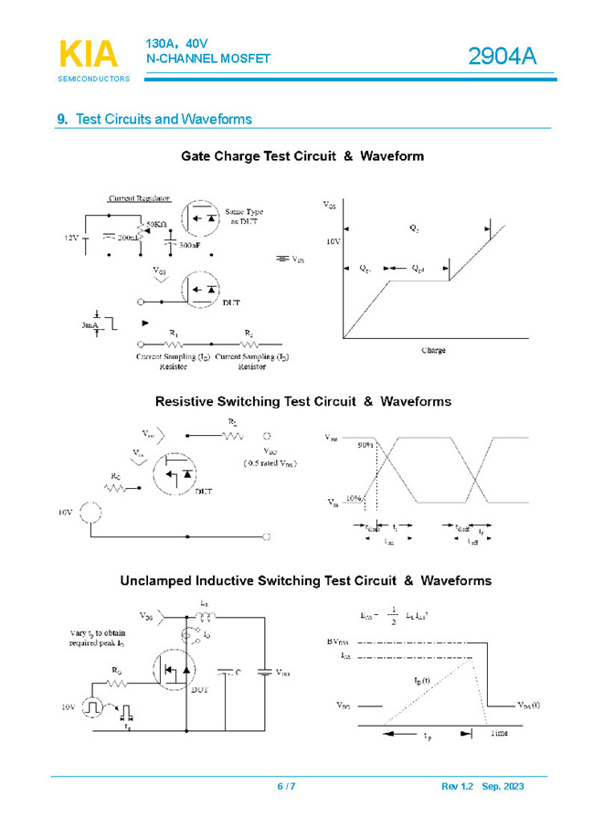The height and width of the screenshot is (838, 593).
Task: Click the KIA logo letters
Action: [x=89, y=55]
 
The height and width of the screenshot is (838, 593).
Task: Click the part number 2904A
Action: [x=502, y=58]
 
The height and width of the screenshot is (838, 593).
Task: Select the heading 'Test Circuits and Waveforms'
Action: [x=164, y=120]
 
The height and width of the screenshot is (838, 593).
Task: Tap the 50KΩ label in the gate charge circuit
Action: [x=156, y=224]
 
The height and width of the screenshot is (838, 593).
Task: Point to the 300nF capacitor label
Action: [x=190, y=246]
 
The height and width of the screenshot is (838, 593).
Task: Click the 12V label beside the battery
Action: [x=71, y=238]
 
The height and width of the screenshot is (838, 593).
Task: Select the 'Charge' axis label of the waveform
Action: [x=433, y=350]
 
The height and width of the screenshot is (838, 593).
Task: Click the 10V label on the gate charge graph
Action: [x=332, y=242]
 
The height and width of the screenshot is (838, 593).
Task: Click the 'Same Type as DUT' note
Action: [x=245, y=217]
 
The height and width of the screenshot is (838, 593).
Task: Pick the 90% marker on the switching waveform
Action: [x=365, y=445]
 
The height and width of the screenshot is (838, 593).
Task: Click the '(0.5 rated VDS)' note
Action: [x=270, y=463]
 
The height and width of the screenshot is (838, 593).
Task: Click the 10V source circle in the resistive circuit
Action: [x=90, y=513]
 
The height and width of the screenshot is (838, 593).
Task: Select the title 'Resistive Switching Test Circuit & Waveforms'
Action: [x=302, y=401]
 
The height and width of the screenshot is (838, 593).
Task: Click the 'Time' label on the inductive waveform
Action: [x=498, y=733]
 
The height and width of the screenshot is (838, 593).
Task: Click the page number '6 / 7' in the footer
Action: [x=286, y=787]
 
